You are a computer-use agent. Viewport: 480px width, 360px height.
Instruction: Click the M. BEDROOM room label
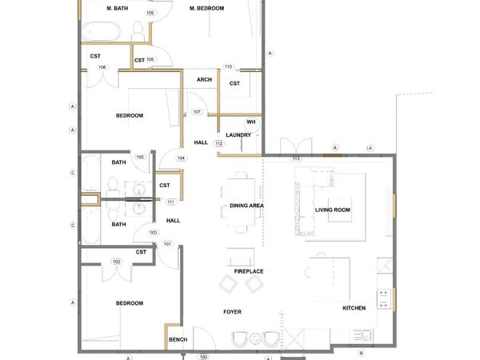[206, 8]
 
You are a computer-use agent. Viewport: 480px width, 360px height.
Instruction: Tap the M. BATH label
[118, 8]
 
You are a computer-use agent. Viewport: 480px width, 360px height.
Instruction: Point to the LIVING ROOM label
[333, 210]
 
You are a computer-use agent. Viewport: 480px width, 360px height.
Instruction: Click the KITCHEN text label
[354, 308]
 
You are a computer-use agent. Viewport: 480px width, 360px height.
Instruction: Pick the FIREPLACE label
[249, 271]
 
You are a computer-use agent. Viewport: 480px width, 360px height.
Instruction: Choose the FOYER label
[233, 312]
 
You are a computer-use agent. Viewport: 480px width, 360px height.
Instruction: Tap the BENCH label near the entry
[178, 340]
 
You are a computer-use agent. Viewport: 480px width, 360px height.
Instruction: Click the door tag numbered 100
[203, 357]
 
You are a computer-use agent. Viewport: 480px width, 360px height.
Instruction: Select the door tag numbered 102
[116, 262]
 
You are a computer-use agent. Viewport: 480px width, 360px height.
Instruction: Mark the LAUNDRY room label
[239, 134]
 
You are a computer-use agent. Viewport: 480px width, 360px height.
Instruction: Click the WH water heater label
[250, 122]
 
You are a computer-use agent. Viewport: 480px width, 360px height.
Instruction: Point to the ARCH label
[204, 79]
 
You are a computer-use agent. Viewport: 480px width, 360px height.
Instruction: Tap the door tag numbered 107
[197, 111]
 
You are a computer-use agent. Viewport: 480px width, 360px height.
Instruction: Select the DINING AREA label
[247, 206]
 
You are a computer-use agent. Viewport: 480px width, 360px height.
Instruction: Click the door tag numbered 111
[170, 202]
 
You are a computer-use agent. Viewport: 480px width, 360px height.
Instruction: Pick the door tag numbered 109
[150, 14]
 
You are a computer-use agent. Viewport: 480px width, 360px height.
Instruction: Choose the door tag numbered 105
[140, 157]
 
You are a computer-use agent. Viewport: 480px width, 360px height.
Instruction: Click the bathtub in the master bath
[100, 33]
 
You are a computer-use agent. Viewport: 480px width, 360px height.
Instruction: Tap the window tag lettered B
[361, 353]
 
